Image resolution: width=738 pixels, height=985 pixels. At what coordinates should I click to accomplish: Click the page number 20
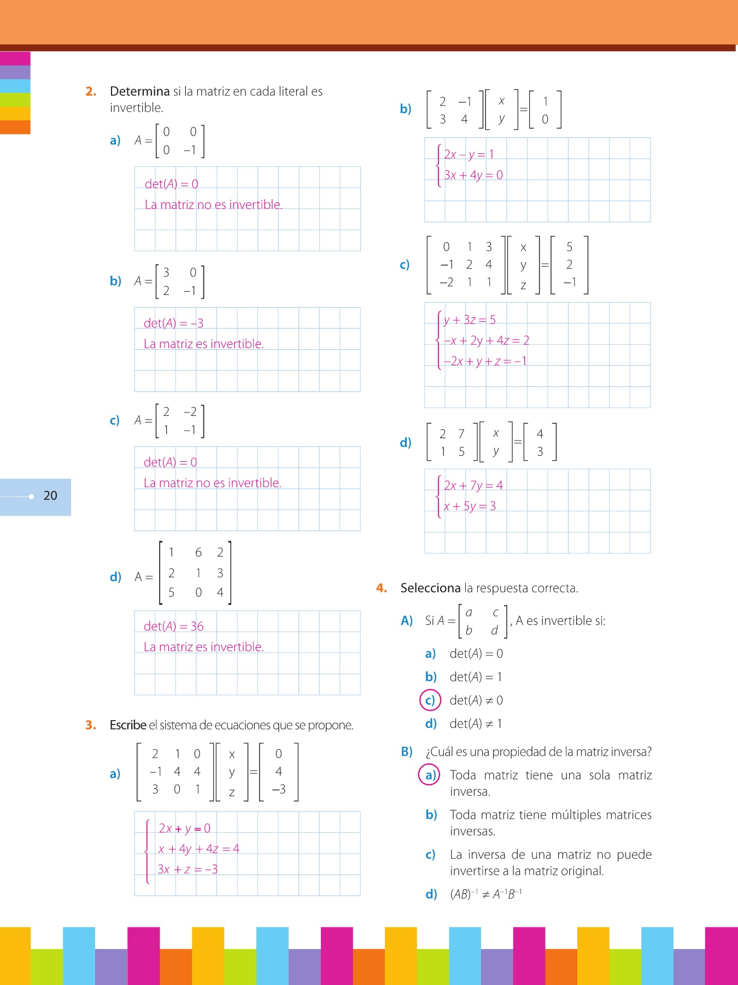50,496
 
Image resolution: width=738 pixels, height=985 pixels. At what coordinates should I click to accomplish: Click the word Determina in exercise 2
140,91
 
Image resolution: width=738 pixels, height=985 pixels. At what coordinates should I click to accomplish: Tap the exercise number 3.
91,725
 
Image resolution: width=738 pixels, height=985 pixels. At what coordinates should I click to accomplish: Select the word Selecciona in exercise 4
430,588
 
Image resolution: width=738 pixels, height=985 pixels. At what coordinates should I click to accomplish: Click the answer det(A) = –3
173,323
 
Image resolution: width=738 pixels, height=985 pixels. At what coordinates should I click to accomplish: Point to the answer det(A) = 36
173,627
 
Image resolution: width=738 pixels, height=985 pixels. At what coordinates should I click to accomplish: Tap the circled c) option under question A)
430,700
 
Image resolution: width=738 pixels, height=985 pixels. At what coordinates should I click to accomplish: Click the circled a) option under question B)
430,775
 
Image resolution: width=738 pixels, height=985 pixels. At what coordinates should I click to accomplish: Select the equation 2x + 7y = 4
473,485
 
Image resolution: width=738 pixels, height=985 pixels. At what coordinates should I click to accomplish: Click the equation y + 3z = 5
470,320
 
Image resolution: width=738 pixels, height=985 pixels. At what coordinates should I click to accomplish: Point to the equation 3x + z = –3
188,870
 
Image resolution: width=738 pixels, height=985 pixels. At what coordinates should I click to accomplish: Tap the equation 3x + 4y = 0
473,175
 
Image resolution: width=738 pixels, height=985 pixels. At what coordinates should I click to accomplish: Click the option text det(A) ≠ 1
476,724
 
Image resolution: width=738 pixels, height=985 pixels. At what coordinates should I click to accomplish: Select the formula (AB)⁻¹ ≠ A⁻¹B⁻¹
485,895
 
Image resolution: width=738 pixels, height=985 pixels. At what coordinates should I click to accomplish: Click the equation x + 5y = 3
470,506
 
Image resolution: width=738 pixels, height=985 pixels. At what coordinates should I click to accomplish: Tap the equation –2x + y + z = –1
485,362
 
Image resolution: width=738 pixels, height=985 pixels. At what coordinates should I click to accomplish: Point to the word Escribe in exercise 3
128,725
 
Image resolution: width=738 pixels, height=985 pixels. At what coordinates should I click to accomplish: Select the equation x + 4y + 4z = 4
198,849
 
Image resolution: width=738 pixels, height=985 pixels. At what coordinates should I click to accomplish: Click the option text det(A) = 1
476,677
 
